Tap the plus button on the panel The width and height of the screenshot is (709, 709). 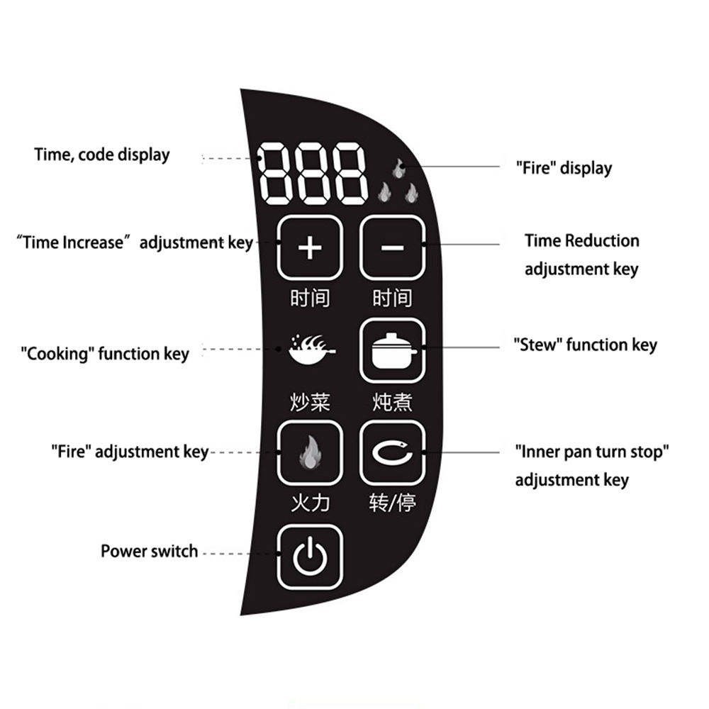tap(310, 247)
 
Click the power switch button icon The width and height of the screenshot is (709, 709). tap(310, 557)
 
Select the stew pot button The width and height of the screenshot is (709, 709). tap(393, 350)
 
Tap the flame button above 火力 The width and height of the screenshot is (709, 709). tap(310, 452)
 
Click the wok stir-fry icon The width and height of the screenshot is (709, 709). tap(312, 349)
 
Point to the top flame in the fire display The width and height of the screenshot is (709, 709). tap(398, 168)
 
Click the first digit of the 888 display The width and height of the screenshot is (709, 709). tap(273, 174)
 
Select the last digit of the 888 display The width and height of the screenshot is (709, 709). tap(349, 174)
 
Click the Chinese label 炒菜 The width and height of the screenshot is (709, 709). tap(311, 402)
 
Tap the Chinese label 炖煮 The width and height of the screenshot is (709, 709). tap(392, 402)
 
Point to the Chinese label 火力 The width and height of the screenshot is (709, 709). tap(311, 503)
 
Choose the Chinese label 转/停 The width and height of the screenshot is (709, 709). tap(392, 503)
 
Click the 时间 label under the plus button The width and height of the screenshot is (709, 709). tap(311, 298)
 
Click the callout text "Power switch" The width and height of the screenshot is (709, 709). tap(149, 551)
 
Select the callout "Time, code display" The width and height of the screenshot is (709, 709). tap(102, 155)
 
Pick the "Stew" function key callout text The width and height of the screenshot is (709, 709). tap(585, 345)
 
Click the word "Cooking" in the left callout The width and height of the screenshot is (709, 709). tap(57, 354)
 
